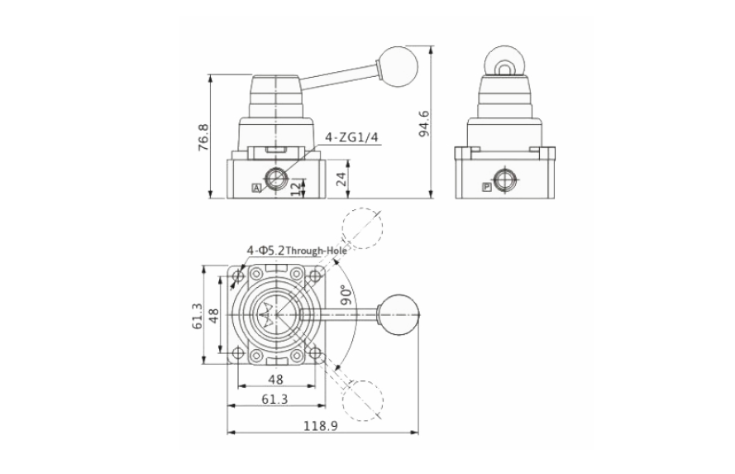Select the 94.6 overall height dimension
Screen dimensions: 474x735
point(424,122)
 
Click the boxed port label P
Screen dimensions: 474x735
point(485,189)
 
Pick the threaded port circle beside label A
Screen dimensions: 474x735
point(274,179)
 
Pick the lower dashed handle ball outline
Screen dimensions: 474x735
point(362,400)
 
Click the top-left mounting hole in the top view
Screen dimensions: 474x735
point(239,275)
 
